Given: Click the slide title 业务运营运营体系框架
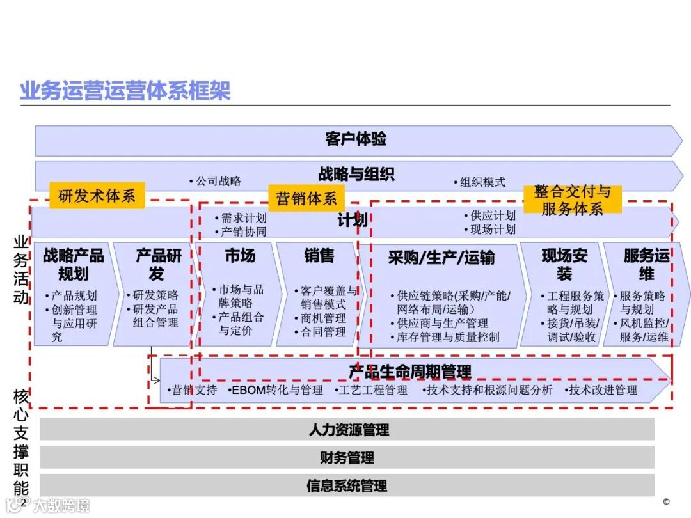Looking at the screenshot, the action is (125, 90).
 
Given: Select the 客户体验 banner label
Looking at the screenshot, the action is (356, 139).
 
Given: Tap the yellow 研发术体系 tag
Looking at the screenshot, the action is (97, 196).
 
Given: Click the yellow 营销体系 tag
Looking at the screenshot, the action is (306, 198).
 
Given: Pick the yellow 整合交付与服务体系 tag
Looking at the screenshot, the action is (572, 200).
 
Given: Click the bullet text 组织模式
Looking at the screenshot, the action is (482, 182).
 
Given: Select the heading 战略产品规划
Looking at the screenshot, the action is (74, 265).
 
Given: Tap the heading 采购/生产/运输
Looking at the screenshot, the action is (441, 258).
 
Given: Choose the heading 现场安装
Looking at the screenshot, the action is (564, 265).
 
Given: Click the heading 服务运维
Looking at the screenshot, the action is (646, 265).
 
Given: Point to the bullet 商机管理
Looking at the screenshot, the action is (323, 318).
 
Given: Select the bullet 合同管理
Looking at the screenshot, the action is (323, 332).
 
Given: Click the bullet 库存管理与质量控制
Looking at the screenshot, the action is (447, 337).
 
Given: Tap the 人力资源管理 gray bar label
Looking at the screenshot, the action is (348, 430).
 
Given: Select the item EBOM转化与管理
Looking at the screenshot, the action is (276, 389).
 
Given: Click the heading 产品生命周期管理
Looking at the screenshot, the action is (409, 372).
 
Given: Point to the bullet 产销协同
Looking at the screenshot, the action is (243, 232).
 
